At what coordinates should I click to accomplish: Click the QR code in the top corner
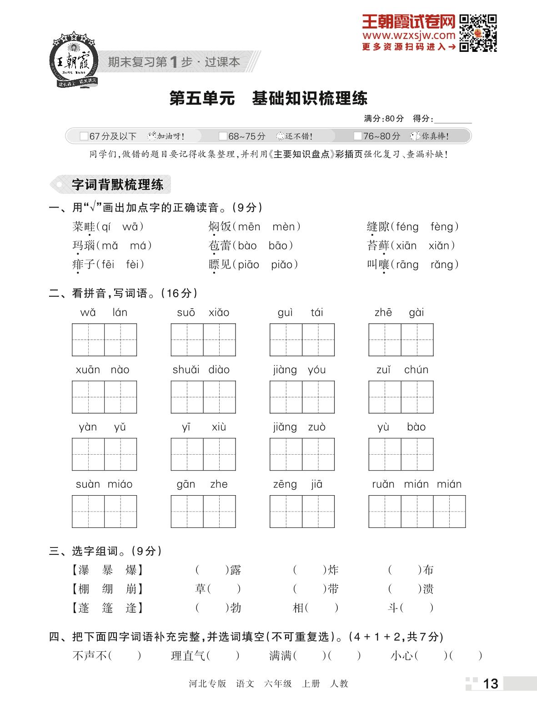(x=477, y=33)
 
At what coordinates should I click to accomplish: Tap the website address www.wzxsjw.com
(x=408, y=35)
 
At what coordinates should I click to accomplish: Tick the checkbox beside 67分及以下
(x=84, y=136)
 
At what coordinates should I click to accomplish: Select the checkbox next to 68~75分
(x=223, y=136)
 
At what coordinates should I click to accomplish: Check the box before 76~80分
(x=358, y=136)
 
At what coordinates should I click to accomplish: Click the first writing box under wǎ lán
(x=88, y=340)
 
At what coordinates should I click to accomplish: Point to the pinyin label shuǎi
(x=186, y=370)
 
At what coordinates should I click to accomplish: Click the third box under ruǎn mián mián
(x=449, y=512)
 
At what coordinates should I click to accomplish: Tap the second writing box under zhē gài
(x=417, y=340)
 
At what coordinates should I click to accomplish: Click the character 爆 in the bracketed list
(x=131, y=570)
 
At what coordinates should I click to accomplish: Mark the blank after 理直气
(x=223, y=656)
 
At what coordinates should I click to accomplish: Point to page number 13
(x=490, y=684)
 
